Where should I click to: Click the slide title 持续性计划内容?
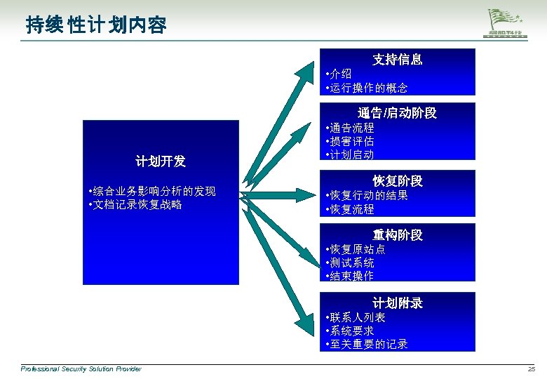[96, 26]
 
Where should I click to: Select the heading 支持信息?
[397, 60]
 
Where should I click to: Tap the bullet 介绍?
[339, 74]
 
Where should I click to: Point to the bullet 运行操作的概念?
[367, 88]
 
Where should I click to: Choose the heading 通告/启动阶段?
[397, 113]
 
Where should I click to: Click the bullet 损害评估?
[351, 141]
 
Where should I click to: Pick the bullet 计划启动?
[351, 154]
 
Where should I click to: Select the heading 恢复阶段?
[397, 181]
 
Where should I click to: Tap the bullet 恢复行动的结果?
[367, 195]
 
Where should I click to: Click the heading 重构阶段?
[397, 235]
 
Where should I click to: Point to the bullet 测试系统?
[351, 262]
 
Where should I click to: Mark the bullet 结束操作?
[351, 276]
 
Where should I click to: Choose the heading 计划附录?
[397, 303]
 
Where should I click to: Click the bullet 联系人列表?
[356, 317]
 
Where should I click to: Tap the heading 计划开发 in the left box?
[161, 161]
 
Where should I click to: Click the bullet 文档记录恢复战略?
[136, 205]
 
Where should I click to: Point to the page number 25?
[531, 369]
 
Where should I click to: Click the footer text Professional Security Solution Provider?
[81, 369]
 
